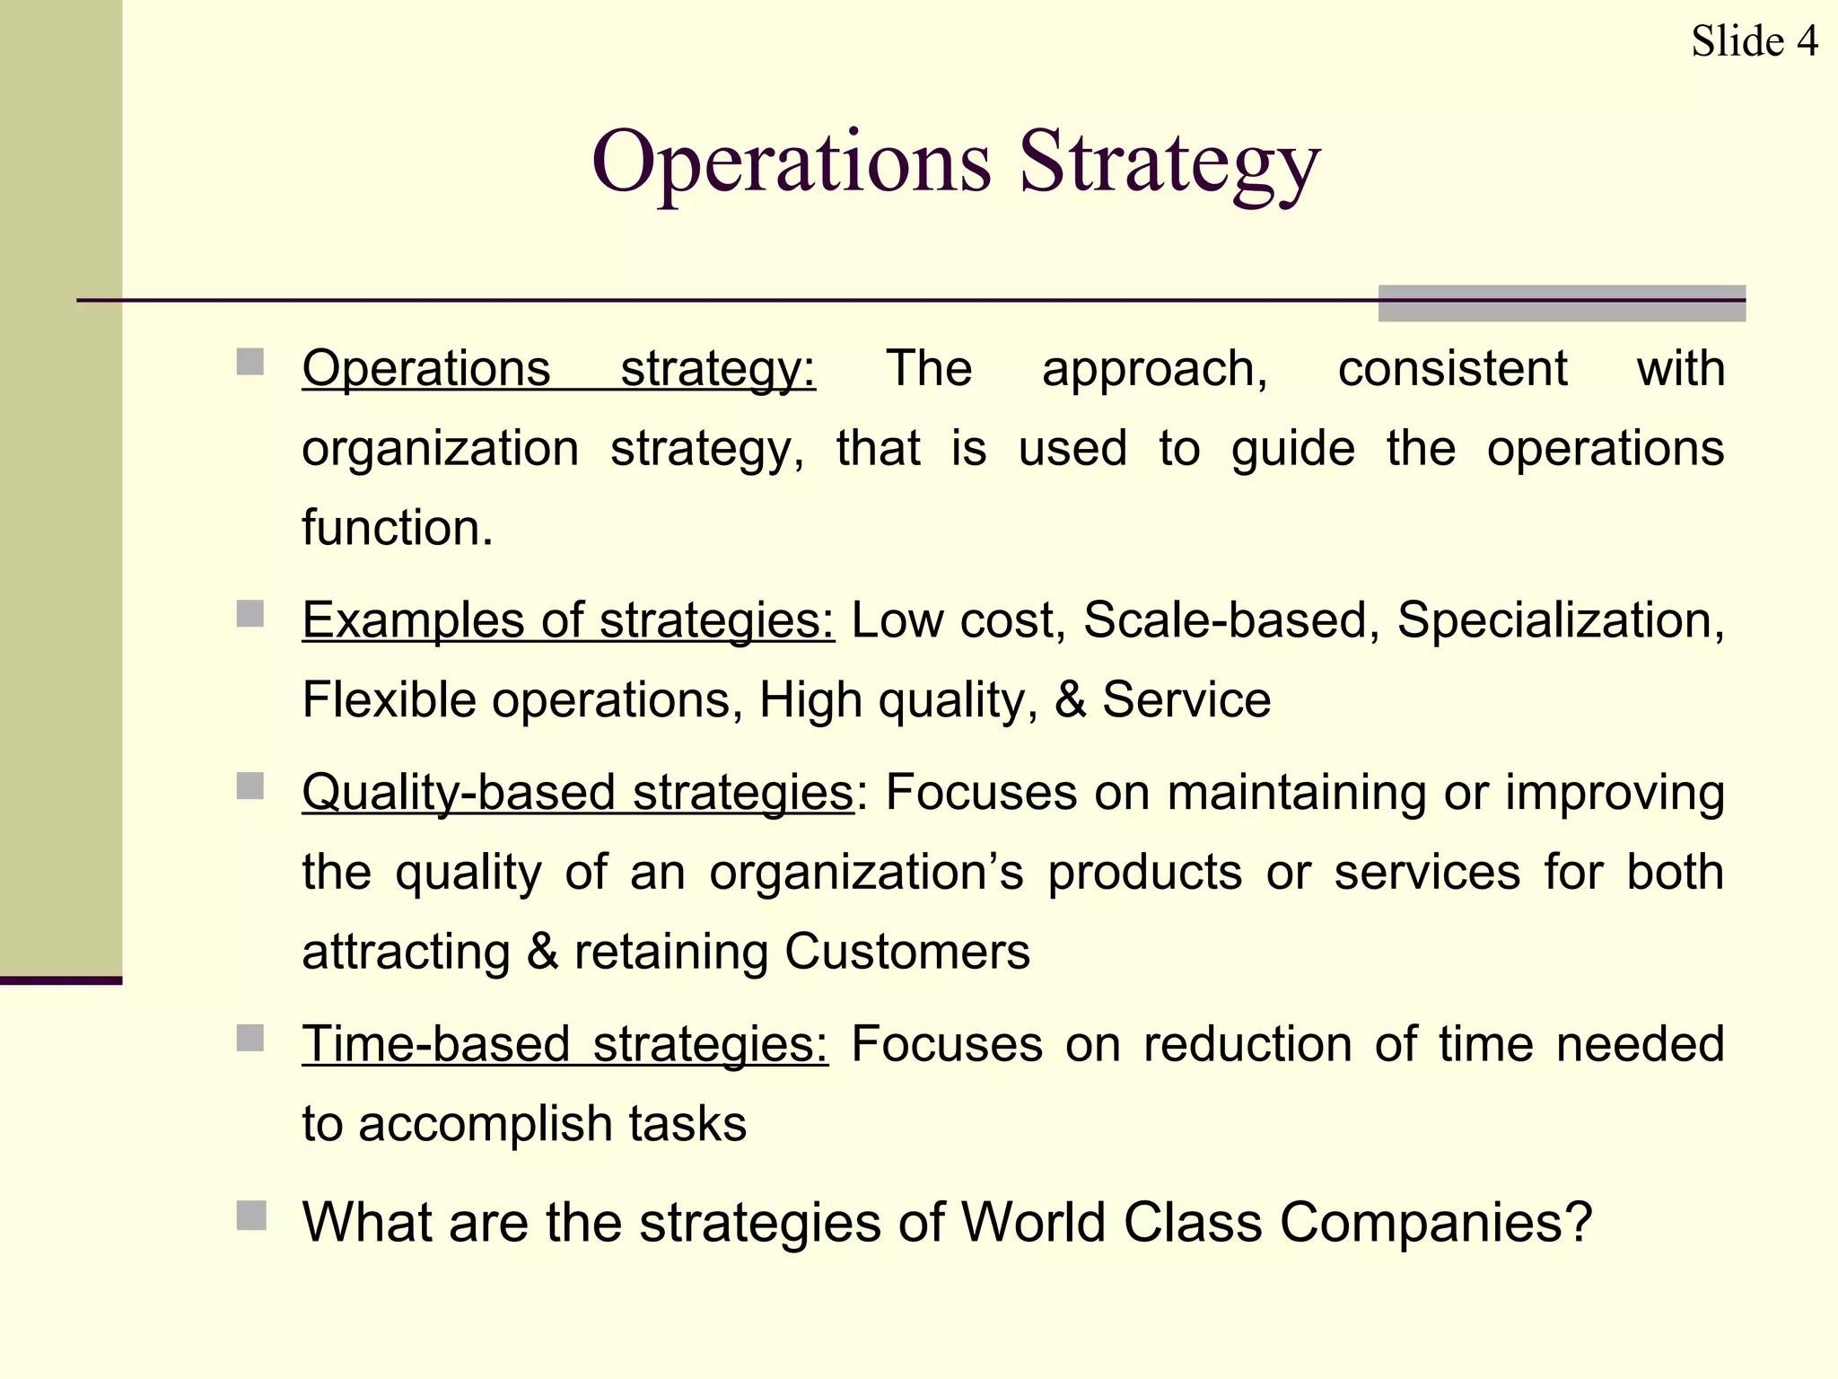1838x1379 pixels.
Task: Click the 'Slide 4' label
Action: tap(1754, 41)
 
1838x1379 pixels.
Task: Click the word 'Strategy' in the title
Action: tap(1169, 163)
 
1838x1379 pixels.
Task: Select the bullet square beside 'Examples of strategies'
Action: tap(250, 615)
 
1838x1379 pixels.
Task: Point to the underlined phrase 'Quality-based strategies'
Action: tap(578, 793)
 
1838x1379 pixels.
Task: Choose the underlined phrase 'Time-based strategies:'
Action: tap(565, 1044)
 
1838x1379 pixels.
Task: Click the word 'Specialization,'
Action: tap(1561, 620)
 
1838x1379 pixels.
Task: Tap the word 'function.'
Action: tap(398, 527)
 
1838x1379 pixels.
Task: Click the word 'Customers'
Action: tap(907, 952)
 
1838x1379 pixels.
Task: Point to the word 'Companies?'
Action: tap(1436, 1223)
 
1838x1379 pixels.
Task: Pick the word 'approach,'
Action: tap(1155, 369)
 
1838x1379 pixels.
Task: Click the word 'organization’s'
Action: tap(866, 873)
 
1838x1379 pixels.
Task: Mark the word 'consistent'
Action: tap(1452, 369)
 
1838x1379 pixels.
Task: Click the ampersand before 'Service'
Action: tap(1070, 700)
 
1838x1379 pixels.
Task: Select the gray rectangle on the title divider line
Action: tap(1562, 303)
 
